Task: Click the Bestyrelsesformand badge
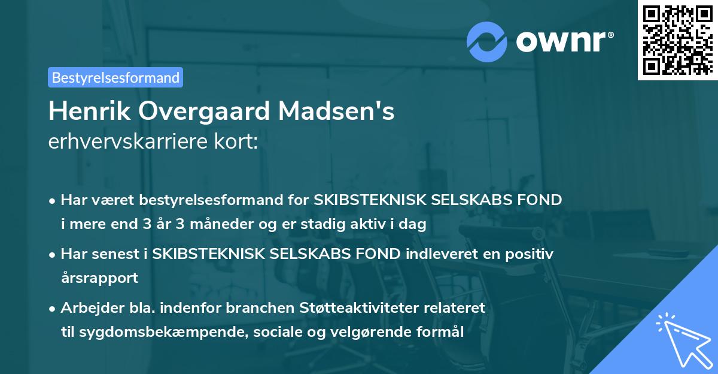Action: [x=115, y=77]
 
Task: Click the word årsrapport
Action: [x=99, y=278]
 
